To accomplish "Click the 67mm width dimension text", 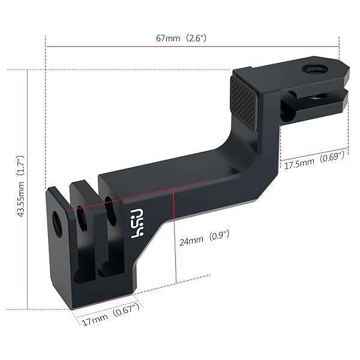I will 168,37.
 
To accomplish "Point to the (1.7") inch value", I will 21,161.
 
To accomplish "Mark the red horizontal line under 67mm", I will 192,46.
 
